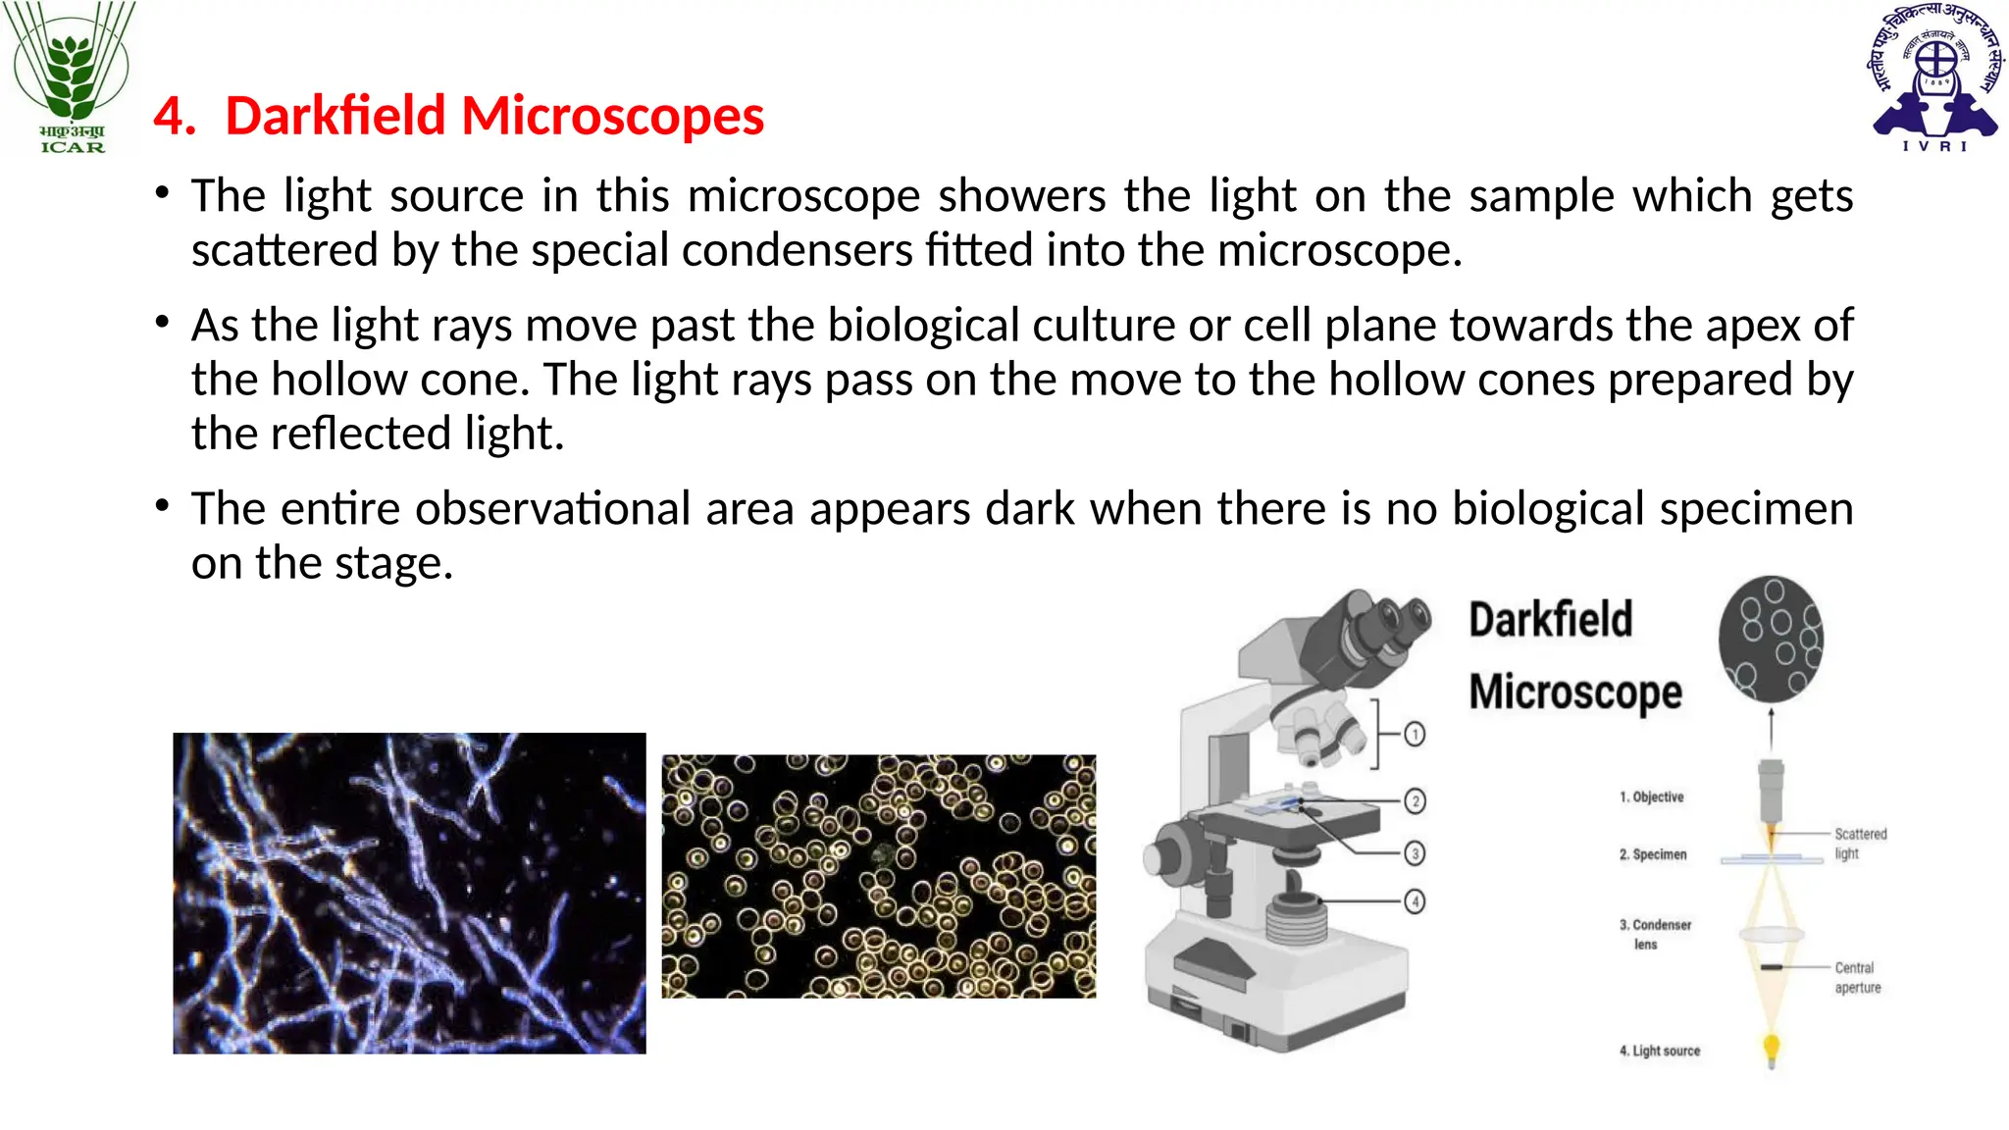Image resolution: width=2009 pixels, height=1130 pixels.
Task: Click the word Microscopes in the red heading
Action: (x=612, y=116)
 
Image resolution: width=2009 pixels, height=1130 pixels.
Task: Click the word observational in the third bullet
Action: (x=539, y=509)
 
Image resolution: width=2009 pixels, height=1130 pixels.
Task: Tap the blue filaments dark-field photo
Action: (x=409, y=893)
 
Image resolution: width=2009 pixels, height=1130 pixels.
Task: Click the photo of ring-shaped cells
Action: (x=878, y=876)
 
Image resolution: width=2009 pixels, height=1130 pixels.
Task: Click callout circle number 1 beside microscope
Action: (x=1414, y=734)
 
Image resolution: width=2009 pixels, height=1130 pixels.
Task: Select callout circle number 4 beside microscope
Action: (x=1414, y=900)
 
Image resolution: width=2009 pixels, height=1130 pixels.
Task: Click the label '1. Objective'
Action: (x=1651, y=796)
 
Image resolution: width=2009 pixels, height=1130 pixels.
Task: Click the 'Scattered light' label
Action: (x=1860, y=844)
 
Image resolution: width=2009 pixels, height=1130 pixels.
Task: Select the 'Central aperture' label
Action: (x=1857, y=977)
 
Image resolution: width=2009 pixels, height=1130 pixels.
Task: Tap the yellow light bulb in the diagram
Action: (x=1771, y=1048)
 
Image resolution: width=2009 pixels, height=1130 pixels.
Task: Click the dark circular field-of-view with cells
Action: (x=1771, y=639)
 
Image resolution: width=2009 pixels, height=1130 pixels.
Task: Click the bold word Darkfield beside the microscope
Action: (x=1550, y=620)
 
